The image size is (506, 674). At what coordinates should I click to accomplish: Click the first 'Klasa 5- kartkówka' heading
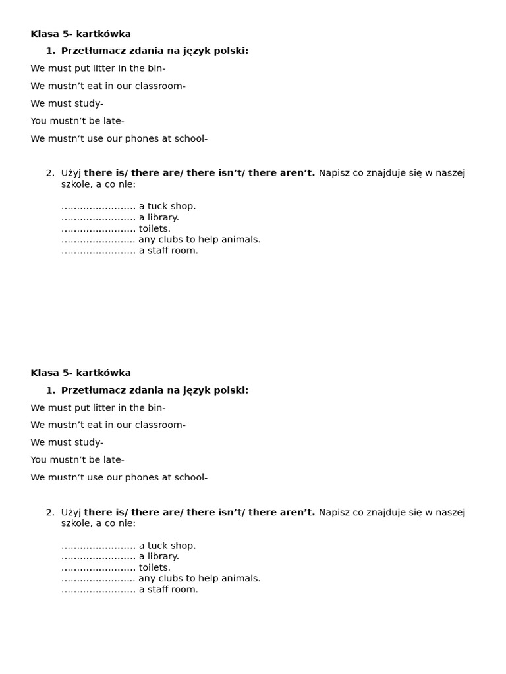click(80, 34)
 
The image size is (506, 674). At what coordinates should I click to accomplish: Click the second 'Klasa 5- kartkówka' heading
click(80, 373)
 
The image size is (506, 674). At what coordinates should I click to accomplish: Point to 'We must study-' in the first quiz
click(67, 103)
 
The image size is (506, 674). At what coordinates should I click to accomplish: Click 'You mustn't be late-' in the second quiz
click(77, 460)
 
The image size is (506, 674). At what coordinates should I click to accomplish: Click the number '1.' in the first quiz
click(51, 51)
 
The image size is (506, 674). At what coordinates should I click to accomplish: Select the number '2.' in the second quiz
click(51, 512)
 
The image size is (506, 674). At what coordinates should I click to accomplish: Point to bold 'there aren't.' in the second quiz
click(281, 512)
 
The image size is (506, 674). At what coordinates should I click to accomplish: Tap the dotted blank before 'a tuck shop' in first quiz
click(98, 207)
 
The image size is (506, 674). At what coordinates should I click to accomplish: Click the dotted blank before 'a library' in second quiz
click(98, 557)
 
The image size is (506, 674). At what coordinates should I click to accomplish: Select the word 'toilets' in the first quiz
click(154, 228)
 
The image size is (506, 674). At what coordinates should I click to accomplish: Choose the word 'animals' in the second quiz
click(242, 579)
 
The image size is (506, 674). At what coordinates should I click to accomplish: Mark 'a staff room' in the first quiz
click(168, 251)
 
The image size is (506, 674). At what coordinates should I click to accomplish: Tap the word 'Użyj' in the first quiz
click(71, 173)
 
